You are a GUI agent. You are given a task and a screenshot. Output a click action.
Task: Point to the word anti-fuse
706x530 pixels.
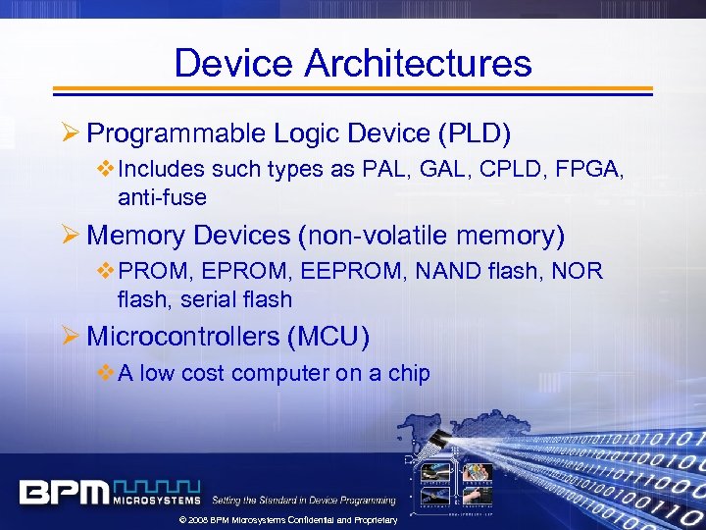(x=162, y=197)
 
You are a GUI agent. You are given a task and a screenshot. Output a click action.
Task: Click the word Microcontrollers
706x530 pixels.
(x=183, y=337)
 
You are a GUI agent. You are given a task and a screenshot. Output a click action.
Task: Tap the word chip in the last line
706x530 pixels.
(x=407, y=373)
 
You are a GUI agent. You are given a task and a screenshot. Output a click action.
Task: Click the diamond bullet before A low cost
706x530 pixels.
(x=107, y=372)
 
